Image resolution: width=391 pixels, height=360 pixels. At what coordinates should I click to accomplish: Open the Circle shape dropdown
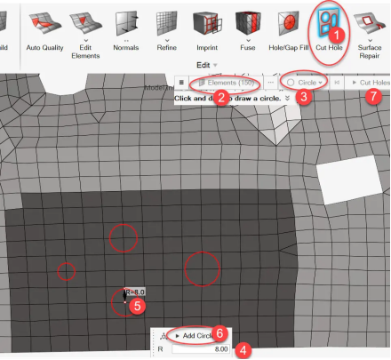click(302, 82)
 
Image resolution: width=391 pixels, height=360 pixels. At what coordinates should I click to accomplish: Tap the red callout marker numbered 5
click(137, 305)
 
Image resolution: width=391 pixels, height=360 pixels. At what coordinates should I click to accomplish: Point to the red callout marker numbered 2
click(220, 98)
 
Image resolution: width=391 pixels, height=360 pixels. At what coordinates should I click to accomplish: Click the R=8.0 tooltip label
click(134, 291)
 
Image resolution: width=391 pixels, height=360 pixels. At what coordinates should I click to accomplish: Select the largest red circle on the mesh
click(202, 268)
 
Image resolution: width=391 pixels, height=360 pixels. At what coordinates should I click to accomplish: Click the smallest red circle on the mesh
click(67, 270)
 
